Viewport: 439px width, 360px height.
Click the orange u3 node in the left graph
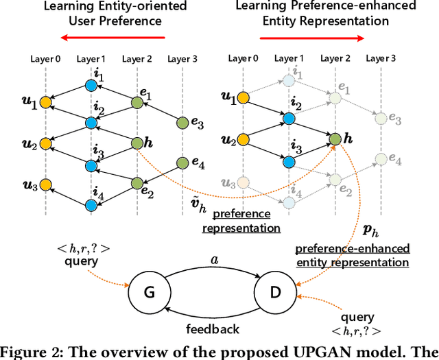(x=45, y=184)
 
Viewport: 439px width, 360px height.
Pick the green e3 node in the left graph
(x=182, y=123)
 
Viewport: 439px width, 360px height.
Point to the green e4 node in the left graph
(x=182, y=163)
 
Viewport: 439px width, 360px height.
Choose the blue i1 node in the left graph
(x=91, y=86)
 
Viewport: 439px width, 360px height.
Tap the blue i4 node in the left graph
(x=91, y=204)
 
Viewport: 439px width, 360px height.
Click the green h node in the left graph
(x=137, y=143)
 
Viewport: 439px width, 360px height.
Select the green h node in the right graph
(x=335, y=139)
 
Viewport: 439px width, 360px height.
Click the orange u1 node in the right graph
(x=243, y=101)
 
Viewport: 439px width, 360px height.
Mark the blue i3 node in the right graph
(x=288, y=160)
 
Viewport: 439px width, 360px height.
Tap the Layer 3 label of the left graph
(x=182, y=59)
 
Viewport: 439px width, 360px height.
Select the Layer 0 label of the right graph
(x=244, y=59)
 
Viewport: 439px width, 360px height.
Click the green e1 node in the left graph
(x=137, y=104)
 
